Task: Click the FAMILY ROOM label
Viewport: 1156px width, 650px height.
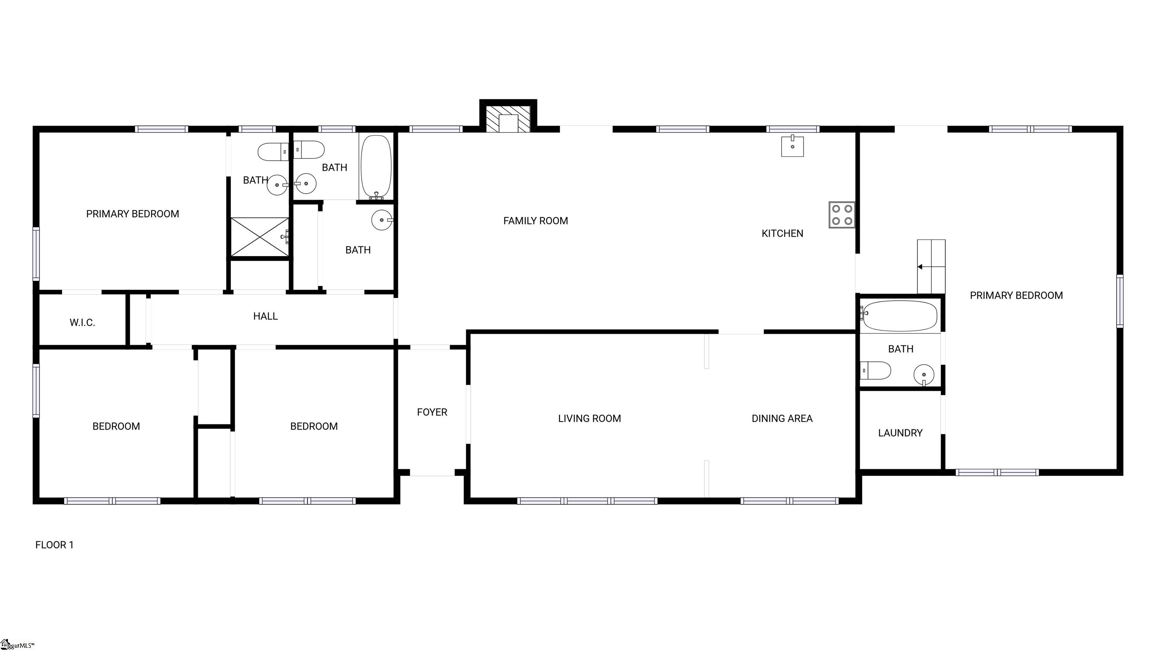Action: click(x=535, y=221)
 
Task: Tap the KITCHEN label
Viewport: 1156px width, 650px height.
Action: click(x=782, y=233)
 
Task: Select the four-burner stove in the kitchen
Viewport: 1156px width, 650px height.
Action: click(x=842, y=215)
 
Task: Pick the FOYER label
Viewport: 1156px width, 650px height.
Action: click(x=432, y=412)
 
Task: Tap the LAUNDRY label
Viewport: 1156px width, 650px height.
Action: click(x=900, y=433)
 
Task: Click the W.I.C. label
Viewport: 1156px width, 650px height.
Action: click(x=82, y=322)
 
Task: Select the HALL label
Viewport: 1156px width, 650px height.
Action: click(x=265, y=316)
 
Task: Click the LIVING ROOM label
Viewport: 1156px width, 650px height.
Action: click(x=589, y=419)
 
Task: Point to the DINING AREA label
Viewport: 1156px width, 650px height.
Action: click(x=782, y=419)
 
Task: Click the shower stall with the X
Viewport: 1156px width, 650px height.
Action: click(x=260, y=237)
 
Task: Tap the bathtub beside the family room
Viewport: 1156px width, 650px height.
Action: click(x=376, y=166)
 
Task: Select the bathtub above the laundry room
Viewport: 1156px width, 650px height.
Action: click(x=900, y=316)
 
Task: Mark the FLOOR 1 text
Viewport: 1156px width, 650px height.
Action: click(x=54, y=545)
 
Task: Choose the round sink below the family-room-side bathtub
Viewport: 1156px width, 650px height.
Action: click(x=382, y=220)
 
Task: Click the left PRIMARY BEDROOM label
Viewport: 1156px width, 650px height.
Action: click(x=132, y=214)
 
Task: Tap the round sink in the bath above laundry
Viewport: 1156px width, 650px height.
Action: click(x=924, y=375)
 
